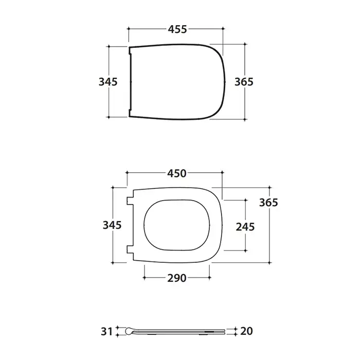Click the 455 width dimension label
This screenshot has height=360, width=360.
click(177, 29)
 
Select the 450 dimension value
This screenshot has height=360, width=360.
click(177, 174)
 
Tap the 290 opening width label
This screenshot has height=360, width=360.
click(177, 278)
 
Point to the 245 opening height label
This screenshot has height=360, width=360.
click(245, 227)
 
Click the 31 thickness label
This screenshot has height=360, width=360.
click(107, 332)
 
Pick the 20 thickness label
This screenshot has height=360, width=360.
click(246, 331)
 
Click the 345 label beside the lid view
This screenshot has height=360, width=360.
click(108, 82)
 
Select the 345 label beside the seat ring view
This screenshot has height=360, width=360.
click(112, 225)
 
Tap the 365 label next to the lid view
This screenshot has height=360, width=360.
click(244, 82)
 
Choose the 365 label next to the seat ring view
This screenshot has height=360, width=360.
click(268, 203)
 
